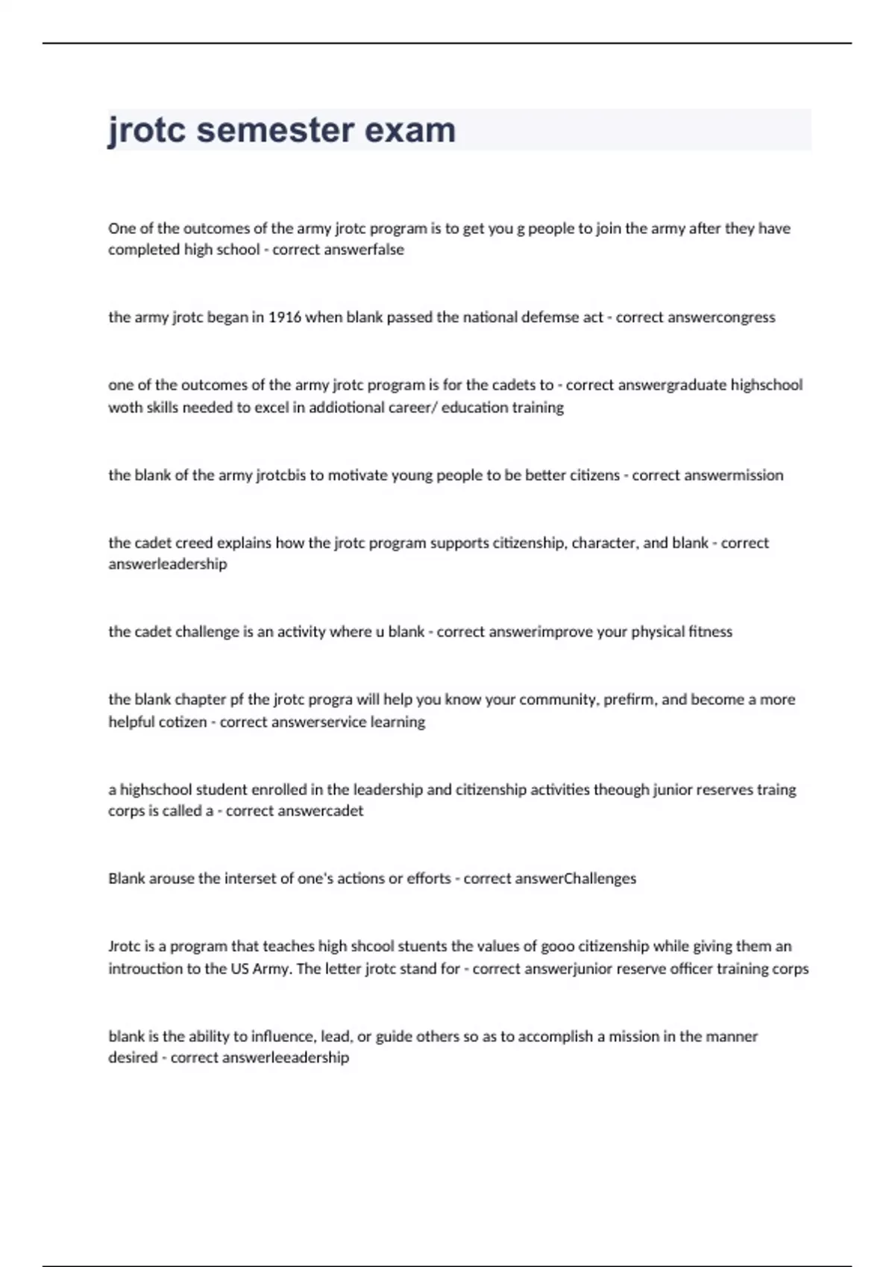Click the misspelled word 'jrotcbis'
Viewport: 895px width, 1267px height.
280,475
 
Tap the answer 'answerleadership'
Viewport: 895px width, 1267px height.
168,564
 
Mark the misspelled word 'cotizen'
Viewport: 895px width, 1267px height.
183,722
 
